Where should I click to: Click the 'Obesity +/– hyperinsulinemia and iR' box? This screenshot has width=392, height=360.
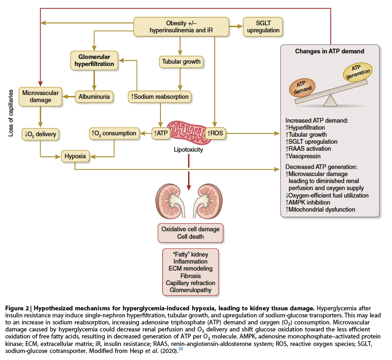pyautogui.click(x=181, y=27)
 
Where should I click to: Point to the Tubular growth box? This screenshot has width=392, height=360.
pyautogui.click(x=181, y=61)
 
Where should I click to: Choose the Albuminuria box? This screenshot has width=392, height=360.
pyautogui.click(x=93, y=97)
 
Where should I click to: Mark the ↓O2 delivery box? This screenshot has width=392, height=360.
pyautogui.click(x=41, y=134)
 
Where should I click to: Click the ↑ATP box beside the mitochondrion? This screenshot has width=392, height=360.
pyautogui.click(x=160, y=133)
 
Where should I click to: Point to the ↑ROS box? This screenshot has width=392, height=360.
pyautogui.click(x=216, y=133)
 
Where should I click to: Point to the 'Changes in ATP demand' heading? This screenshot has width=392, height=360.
pyautogui.click(x=329, y=51)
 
